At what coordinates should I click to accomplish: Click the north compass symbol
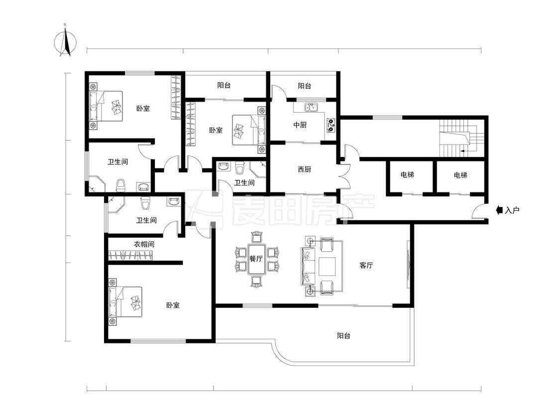(65, 41)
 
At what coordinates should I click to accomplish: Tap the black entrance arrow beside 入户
(500, 210)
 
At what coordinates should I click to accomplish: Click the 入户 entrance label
(512, 210)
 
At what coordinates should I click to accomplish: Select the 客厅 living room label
(366, 265)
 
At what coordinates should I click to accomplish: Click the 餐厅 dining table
(256, 259)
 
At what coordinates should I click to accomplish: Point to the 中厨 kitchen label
(300, 125)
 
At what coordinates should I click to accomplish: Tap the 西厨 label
(304, 169)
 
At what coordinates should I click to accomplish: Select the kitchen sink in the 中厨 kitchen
(311, 107)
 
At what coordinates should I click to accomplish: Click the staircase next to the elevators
(461, 138)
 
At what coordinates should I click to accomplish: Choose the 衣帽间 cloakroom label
(144, 245)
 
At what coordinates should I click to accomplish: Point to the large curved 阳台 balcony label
(343, 336)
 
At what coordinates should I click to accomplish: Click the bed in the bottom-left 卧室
(125, 302)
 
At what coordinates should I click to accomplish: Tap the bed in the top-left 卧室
(106, 106)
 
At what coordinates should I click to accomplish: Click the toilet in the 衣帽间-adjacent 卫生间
(145, 203)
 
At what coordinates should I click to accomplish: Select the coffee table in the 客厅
(327, 267)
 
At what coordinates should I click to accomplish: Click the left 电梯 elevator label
(407, 174)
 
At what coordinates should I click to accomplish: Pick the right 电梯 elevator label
(460, 175)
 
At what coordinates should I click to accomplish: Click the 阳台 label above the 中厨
(304, 86)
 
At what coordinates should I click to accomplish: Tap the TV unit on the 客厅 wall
(408, 265)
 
